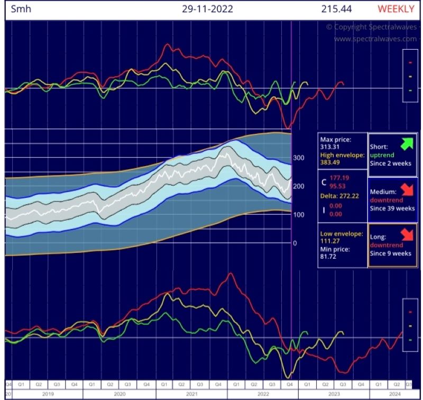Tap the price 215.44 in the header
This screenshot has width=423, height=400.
click(336, 9)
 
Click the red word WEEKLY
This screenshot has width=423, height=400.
click(396, 9)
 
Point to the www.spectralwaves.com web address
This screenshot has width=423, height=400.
click(375, 39)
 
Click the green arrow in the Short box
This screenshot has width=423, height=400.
click(407, 143)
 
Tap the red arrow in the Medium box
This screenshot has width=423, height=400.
click(407, 188)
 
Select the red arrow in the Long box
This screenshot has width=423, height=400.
click(407, 233)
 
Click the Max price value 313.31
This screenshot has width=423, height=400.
click(330, 147)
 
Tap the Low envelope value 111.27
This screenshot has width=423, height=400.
click(330, 241)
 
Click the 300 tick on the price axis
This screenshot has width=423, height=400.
click(299, 158)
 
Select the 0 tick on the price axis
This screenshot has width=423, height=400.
click(295, 243)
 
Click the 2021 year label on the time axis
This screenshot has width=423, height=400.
click(191, 394)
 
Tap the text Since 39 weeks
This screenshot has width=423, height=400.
click(391, 208)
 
